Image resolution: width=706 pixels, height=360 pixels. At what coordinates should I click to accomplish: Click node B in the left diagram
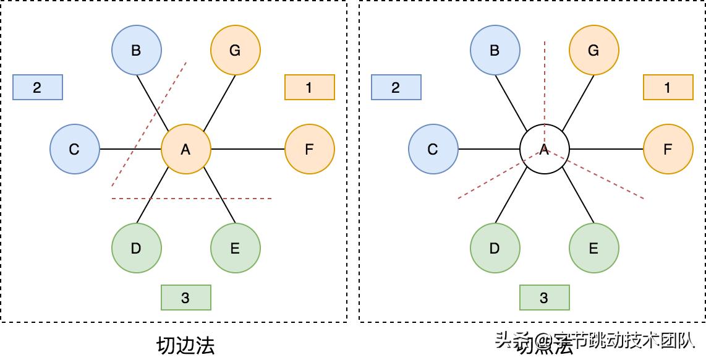pyautogui.click(x=136, y=50)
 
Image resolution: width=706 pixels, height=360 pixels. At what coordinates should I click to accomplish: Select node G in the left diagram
pyautogui.click(x=235, y=50)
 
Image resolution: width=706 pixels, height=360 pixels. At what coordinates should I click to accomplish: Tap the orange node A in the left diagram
pyautogui.click(x=185, y=149)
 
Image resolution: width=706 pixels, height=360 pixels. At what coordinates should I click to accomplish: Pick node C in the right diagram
pyautogui.click(x=433, y=149)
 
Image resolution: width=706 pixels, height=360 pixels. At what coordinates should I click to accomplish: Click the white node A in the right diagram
pyautogui.click(x=544, y=149)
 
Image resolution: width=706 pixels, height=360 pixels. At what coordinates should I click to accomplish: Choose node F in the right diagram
pyautogui.click(x=668, y=149)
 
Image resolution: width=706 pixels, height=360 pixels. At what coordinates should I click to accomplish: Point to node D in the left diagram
pyautogui.click(x=136, y=248)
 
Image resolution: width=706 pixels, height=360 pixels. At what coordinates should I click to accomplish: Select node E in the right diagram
pyautogui.click(x=593, y=248)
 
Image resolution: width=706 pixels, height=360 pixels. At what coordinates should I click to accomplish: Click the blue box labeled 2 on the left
pyautogui.click(x=37, y=87)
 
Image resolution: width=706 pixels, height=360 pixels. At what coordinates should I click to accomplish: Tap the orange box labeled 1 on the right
pyautogui.click(x=668, y=87)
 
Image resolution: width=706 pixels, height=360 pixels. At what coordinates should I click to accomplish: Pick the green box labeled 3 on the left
pyautogui.click(x=185, y=298)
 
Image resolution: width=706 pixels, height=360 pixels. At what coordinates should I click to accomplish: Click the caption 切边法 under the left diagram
pyautogui.click(x=185, y=345)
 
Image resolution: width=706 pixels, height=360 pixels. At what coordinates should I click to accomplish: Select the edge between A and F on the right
pyautogui.click(x=606, y=149)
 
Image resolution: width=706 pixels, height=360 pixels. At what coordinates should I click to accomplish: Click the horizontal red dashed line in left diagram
pyautogui.click(x=247, y=199)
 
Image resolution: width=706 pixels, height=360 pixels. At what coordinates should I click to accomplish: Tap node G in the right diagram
pyautogui.click(x=593, y=50)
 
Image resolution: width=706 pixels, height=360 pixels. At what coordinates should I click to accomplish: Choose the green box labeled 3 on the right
pyautogui.click(x=544, y=298)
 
